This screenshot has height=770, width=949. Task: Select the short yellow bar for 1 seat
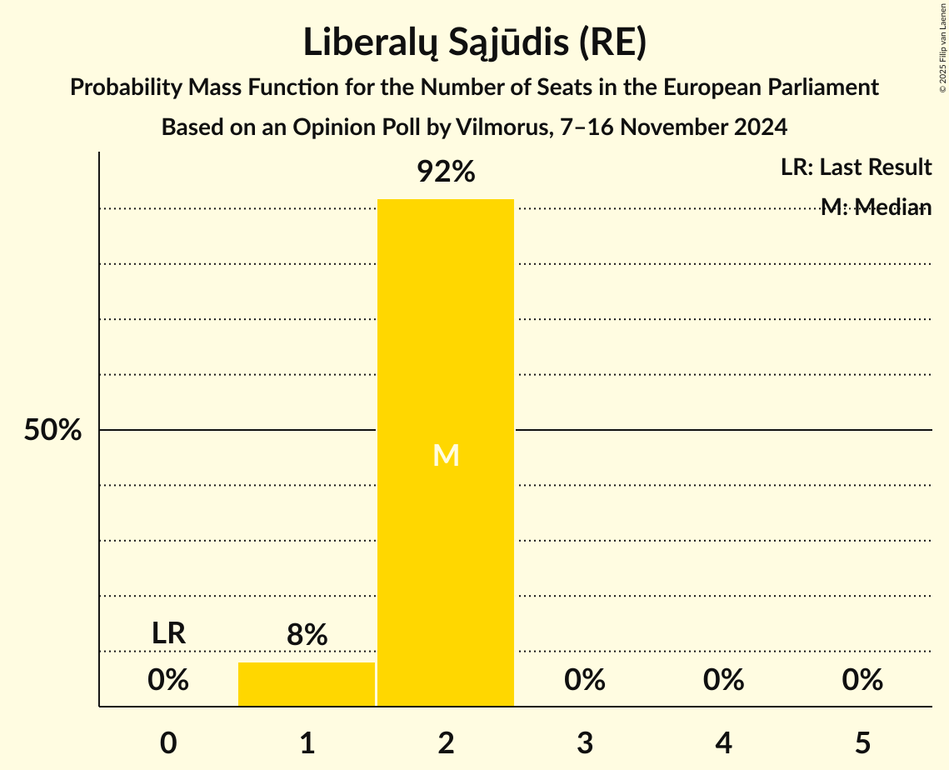[307, 685]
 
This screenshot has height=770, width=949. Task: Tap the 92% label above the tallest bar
[446, 172]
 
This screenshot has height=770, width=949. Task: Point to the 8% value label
[307, 636]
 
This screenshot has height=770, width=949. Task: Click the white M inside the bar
[446, 456]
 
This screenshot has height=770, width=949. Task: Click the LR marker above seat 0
[168, 633]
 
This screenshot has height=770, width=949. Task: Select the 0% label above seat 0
[168, 681]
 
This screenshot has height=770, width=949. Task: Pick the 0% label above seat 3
[585, 681]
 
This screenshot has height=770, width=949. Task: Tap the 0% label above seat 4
[723, 681]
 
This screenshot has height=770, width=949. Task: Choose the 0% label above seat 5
[862, 681]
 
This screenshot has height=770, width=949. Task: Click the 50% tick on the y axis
[52, 431]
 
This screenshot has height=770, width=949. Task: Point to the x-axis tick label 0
[168, 743]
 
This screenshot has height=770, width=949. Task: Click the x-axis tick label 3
[585, 743]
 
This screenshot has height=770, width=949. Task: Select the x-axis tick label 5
[862, 743]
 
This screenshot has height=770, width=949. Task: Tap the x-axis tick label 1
[307, 743]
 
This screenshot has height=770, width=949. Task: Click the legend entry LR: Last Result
[856, 167]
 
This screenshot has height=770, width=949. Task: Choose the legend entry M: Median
[876, 207]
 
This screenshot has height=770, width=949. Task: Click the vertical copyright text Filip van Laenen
[942, 50]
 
